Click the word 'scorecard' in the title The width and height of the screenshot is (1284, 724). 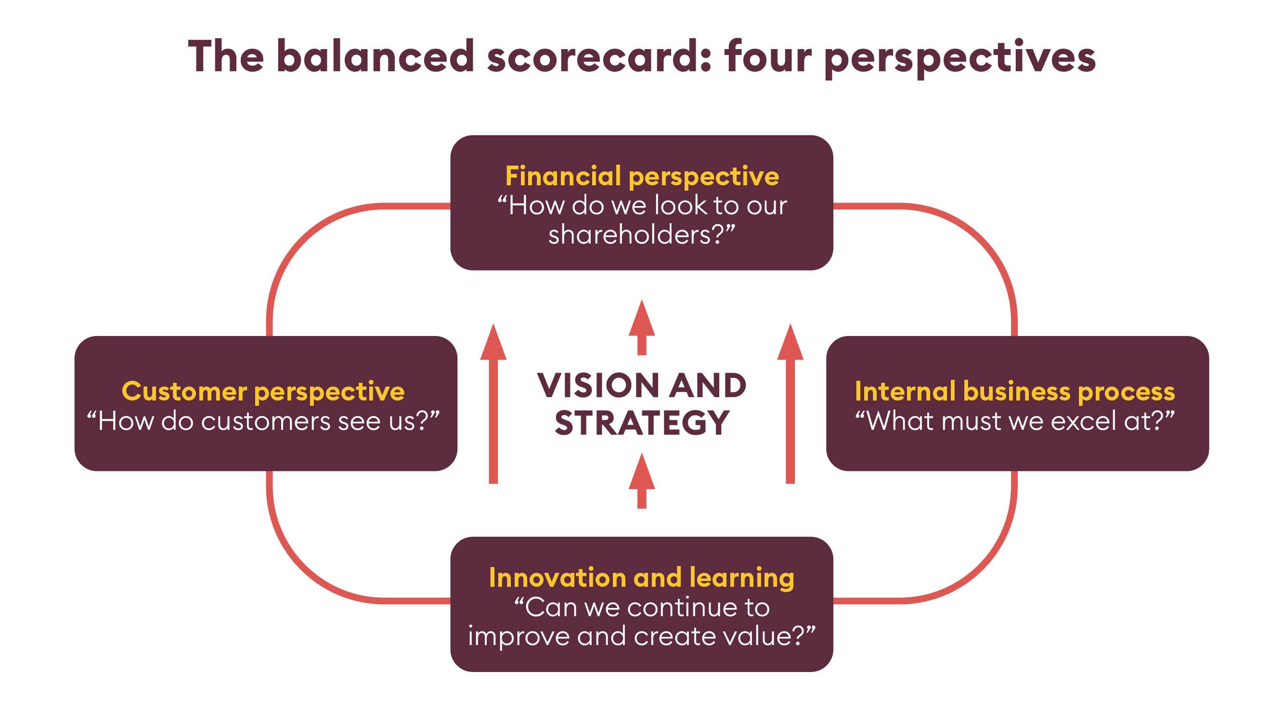tap(598, 56)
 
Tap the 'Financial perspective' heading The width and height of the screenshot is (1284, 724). tap(642, 176)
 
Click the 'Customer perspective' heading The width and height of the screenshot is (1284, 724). tap(263, 392)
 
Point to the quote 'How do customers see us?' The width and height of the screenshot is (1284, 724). tap(263, 421)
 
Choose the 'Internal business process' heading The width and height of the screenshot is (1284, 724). tap(1015, 392)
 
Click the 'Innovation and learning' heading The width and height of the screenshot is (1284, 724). tap(641, 578)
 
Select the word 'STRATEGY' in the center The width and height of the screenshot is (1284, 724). tap(642, 423)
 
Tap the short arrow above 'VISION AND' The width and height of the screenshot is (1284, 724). tap(642, 327)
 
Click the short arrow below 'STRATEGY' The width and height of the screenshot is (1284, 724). tap(642, 481)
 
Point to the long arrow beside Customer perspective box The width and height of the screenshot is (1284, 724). tap(493, 403)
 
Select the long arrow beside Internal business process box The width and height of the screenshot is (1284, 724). tap(791, 403)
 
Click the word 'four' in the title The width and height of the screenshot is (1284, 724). tap(768, 56)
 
